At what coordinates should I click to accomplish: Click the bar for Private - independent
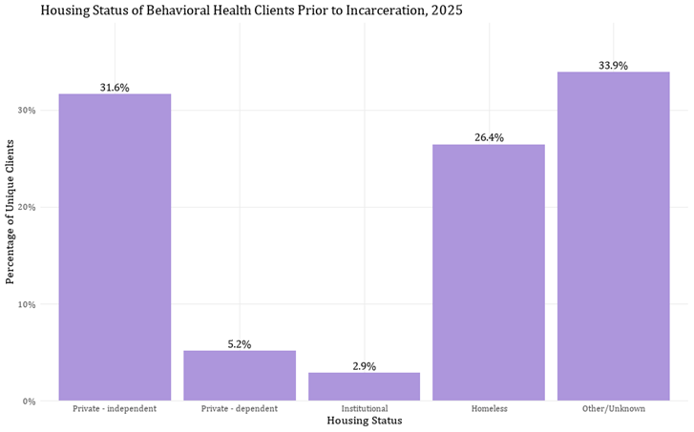point(115,247)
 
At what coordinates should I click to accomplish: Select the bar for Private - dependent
point(240,376)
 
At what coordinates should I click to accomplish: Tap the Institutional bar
point(364,386)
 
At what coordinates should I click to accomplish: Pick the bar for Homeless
point(488,273)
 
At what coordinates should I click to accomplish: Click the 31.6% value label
point(115,88)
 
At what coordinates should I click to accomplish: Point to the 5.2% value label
point(240,344)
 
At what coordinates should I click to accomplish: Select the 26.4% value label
point(488,138)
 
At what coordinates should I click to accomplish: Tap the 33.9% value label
point(613,66)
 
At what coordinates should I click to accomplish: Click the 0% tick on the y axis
point(29,401)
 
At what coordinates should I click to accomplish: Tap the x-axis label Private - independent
point(115,409)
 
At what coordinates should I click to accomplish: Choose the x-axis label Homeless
point(488,409)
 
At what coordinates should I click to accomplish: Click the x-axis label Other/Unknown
point(613,409)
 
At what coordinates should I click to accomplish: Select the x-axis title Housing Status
point(364,422)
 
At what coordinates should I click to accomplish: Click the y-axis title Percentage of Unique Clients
point(11,211)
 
